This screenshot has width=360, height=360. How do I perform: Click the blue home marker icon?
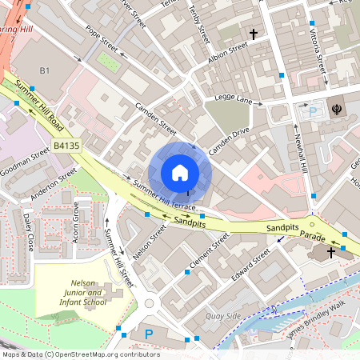[x=179, y=173]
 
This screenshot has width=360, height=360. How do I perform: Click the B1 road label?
[x=45, y=71]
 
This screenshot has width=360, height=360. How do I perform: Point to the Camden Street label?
[x=155, y=118]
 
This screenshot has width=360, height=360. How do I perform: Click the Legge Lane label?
[x=233, y=99]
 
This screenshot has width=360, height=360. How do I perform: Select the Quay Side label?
[x=223, y=316]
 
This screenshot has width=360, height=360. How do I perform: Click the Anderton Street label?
[x=53, y=184]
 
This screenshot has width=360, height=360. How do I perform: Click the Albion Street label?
[x=229, y=50]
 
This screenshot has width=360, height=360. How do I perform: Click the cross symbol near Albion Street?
[x=254, y=34]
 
